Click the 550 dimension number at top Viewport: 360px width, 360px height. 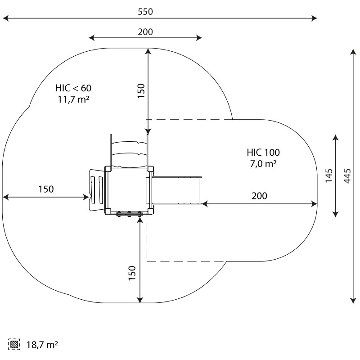point(145,12)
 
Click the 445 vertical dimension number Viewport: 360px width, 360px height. point(346,175)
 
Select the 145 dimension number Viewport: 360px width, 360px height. point(329,175)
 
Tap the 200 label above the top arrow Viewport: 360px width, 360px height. point(145,31)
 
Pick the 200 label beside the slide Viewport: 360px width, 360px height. point(259,196)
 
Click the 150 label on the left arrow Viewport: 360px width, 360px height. point(45,189)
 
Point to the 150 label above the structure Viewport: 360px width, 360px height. point(141,90)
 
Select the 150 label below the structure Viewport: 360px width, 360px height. point(132,273)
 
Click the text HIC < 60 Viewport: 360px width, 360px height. point(73,88)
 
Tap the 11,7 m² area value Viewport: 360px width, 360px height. point(73,99)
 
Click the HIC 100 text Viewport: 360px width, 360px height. point(263,153)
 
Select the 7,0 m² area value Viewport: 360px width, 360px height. point(263,164)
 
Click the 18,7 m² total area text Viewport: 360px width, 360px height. point(42,345)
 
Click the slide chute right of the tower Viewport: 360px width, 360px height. point(178,190)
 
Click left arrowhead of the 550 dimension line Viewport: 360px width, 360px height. point(4,18)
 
